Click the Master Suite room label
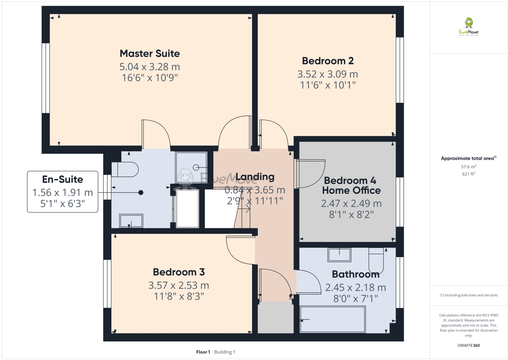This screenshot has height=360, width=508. tap(150, 54)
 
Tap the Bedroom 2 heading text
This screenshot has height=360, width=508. tap(328, 61)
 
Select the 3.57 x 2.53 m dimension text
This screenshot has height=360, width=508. tap(179, 285)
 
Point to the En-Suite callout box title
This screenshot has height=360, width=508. tap(62, 179)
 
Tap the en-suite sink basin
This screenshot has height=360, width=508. tap(131, 221)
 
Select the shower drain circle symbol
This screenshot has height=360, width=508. tap(196, 167)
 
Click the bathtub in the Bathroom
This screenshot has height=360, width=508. tap(332, 319)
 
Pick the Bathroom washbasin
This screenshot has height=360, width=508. tap(339, 254)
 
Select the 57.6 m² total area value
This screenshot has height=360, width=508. tap(469, 167)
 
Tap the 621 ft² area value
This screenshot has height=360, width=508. tap(469, 174)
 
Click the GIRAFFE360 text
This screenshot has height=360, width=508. tap(469, 345)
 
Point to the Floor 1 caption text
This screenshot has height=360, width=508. tap(203, 352)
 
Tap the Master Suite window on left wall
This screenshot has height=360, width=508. tap(46, 78)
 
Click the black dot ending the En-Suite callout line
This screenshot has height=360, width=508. tap(141, 193)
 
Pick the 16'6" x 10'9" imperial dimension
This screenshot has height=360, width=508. tap(150, 78)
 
